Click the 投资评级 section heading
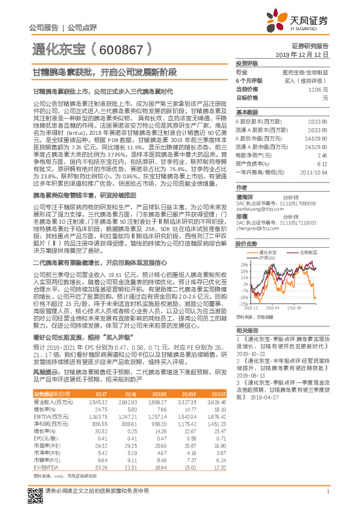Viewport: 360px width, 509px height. click(x=246, y=63)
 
